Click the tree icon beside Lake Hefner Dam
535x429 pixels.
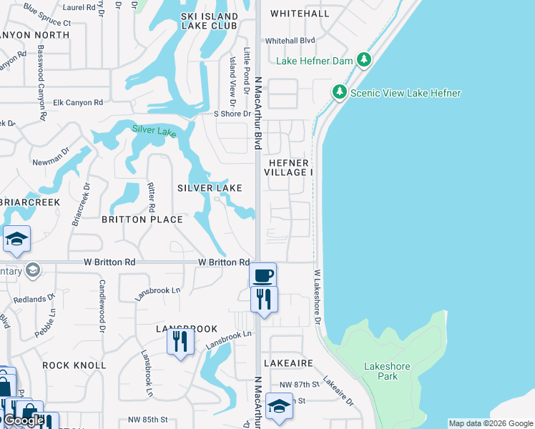[364, 60]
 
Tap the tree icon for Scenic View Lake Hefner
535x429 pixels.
[339, 92]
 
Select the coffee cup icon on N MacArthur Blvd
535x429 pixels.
[263, 275]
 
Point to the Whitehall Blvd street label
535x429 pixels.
[290, 41]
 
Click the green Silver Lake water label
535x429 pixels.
[154, 131]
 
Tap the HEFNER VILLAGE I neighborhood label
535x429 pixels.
[288, 167]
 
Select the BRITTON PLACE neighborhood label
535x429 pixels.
[142, 220]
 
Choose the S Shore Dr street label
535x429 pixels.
[232, 114]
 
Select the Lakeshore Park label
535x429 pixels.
[387, 371]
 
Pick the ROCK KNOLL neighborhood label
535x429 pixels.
[74, 365]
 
